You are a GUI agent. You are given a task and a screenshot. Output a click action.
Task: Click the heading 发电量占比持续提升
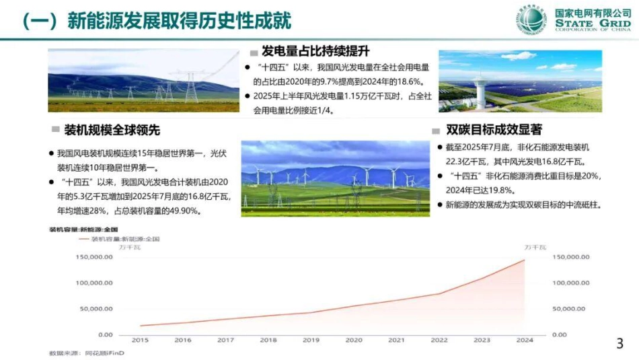coord(315,51)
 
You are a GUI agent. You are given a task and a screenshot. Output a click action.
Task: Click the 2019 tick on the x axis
coord(311,340)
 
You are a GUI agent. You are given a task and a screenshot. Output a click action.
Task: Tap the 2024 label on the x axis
coord(525,340)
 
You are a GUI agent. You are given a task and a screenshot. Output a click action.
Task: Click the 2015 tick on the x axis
coord(141,340)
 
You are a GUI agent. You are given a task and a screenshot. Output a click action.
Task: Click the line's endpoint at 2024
coord(525,260)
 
